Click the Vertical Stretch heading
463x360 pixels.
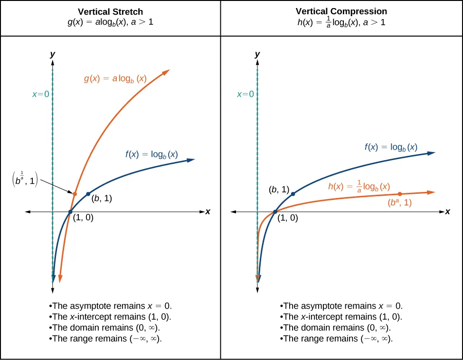coord(110,11)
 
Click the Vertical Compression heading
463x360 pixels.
coord(341,11)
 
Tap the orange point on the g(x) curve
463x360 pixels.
coord(75,193)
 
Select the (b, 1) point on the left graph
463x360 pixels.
coord(88,194)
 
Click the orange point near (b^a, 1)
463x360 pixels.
coord(400,194)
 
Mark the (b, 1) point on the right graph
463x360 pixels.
coord(293,194)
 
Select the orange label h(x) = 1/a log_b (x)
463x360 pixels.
coord(359,187)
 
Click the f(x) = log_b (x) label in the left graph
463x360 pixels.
coord(151,154)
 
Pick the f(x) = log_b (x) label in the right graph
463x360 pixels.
coord(391,147)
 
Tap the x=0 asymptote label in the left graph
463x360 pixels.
coord(41,95)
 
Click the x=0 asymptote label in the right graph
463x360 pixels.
coord(246,95)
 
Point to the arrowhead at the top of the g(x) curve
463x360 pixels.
coord(167,72)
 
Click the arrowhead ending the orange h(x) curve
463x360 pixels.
coord(432,192)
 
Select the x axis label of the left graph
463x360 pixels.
coord(208,212)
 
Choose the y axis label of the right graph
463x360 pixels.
coord(257,55)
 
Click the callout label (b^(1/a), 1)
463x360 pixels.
coord(24,181)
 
